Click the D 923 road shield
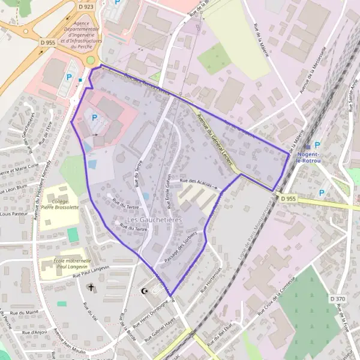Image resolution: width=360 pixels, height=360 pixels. tap(86, 7)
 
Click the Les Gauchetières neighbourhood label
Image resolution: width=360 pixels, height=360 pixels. tap(154, 220)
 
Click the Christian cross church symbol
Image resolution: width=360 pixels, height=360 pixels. tap(92, 288)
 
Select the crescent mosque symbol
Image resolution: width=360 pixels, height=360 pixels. tap(143, 291)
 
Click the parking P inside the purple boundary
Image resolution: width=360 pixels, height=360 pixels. tap(94, 118)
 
